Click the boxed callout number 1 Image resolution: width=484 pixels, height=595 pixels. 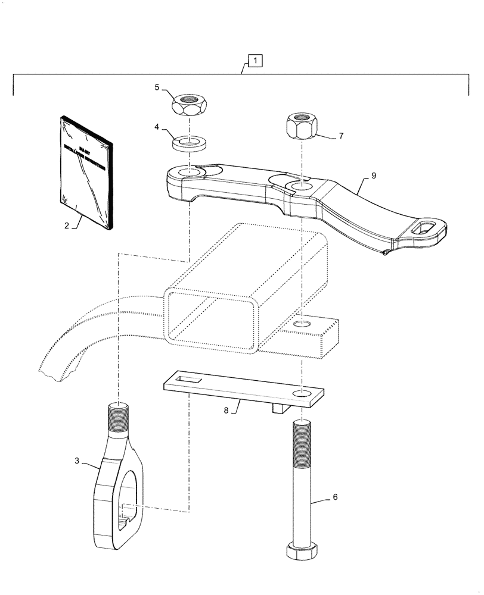click(x=254, y=60)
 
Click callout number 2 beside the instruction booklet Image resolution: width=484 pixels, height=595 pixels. click(x=67, y=226)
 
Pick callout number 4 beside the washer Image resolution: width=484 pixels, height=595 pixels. click(x=157, y=127)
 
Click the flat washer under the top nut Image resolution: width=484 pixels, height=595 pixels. click(x=188, y=143)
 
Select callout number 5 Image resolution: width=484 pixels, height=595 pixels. click(x=157, y=87)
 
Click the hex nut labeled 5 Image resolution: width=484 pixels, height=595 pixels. click(x=188, y=105)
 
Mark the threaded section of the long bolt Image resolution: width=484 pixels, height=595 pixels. click(x=302, y=446)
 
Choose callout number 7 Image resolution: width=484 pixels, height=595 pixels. click(x=340, y=136)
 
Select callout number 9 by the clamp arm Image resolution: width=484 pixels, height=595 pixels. click(x=374, y=176)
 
